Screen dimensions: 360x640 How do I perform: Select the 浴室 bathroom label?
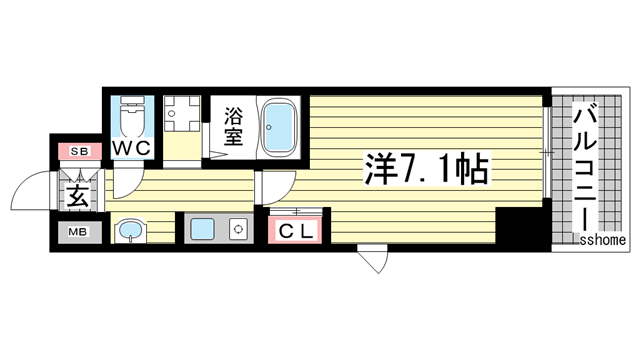[234, 125]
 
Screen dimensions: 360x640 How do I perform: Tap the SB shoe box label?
[79, 152]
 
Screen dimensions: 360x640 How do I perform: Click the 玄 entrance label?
[78, 194]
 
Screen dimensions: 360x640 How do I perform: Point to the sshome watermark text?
[602, 239]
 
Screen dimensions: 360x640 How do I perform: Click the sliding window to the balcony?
[547, 152]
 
